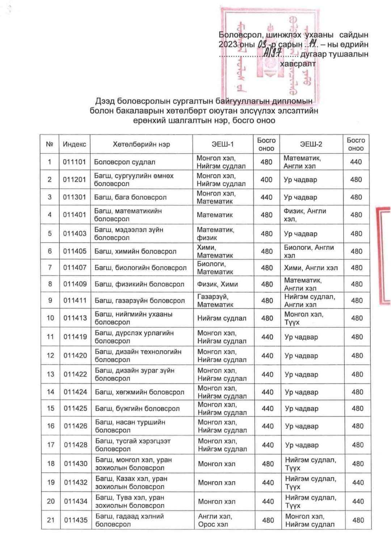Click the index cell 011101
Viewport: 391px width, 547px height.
click(74, 162)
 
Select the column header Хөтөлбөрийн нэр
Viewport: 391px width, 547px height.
click(141, 144)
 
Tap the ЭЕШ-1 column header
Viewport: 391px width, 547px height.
click(223, 144)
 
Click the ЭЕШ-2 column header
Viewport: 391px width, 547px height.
click(311, 144)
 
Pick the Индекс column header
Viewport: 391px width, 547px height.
click(74, 144)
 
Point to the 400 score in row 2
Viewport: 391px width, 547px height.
click(266, 180)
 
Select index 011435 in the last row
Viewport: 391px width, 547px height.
click(76, 520)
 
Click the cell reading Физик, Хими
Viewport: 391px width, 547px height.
click(217, 284)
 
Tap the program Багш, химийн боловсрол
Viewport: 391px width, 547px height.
click(135, 251)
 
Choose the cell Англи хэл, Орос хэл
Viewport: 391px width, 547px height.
click(215, 520)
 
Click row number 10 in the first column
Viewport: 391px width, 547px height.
click(50, 318)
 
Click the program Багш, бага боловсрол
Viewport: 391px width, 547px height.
click(130, 197)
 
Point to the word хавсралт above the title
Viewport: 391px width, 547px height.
click(298, 64)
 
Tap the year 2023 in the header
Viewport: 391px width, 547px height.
click(228, 45)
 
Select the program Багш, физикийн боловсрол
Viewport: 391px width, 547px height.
click(139, 284)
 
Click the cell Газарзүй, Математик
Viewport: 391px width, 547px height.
click(215, 300)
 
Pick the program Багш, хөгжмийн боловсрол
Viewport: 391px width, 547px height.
click(140, 392)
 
